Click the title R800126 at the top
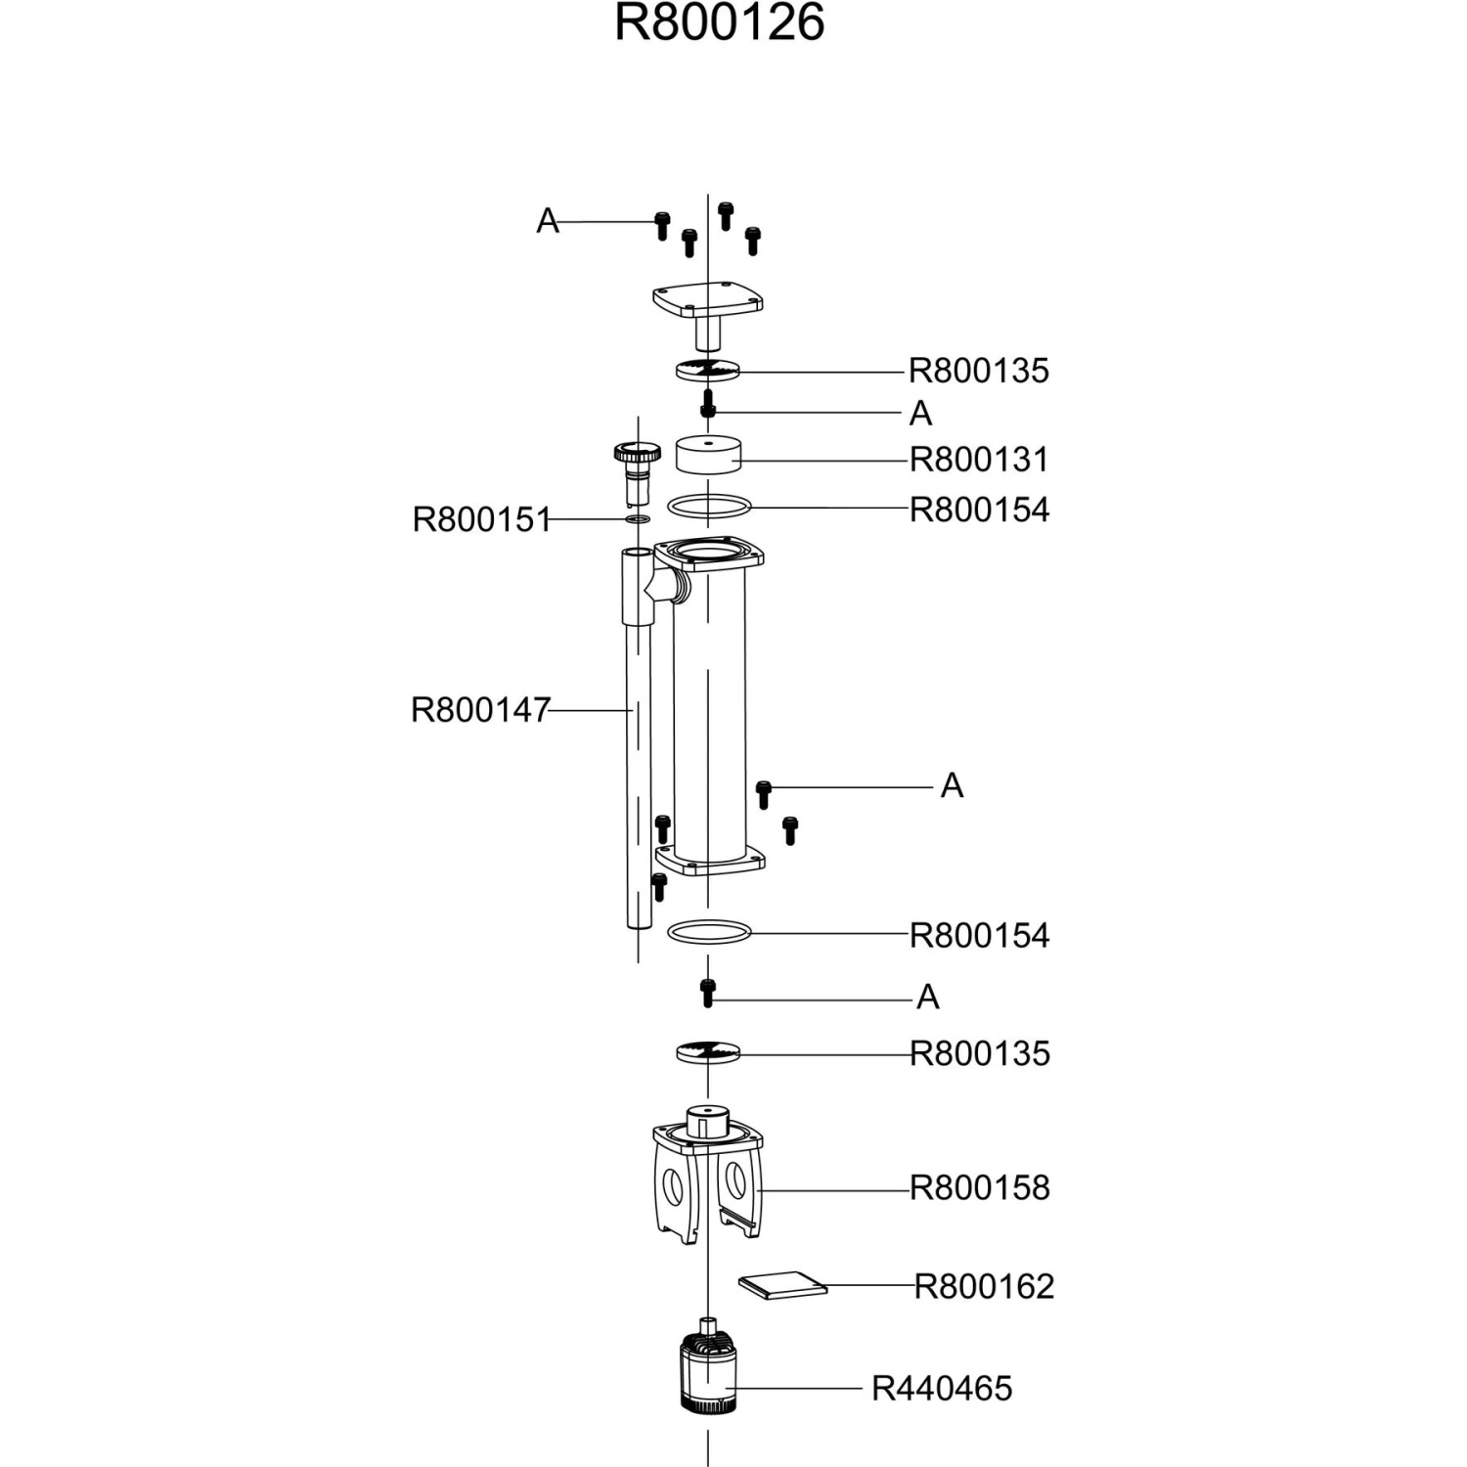pyautogui.click(x=719, y=23)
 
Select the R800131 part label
pyautogui.click(x=979, y=459)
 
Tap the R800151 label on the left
pyautogui.click(x=481, y=519)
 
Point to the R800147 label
pyautogui.click(x=480, y=709)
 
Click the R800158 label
pyautogui.click(x=979, y=1187)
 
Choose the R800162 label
pyautogui.click(x=984, y=1286)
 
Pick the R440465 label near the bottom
pyautogui.click(x=942, y=1388)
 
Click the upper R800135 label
pyautogui.click(x=979, y=371)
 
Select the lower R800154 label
pyautogui.click(x=979, y=935)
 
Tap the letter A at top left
pyautogui.click(x=548, y=221)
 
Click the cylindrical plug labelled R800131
pyautogui.click(x=708, y=455)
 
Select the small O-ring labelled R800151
pyautogui.click(x=638, y=518)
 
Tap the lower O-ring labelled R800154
pyautogui.click(x=709, y=932)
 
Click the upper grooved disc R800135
pyautogui.click(x=707, y=371)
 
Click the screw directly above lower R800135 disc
pyautogui.click(x=708, y=992)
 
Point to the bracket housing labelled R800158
pyautogui.click(x=707, y=1183)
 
